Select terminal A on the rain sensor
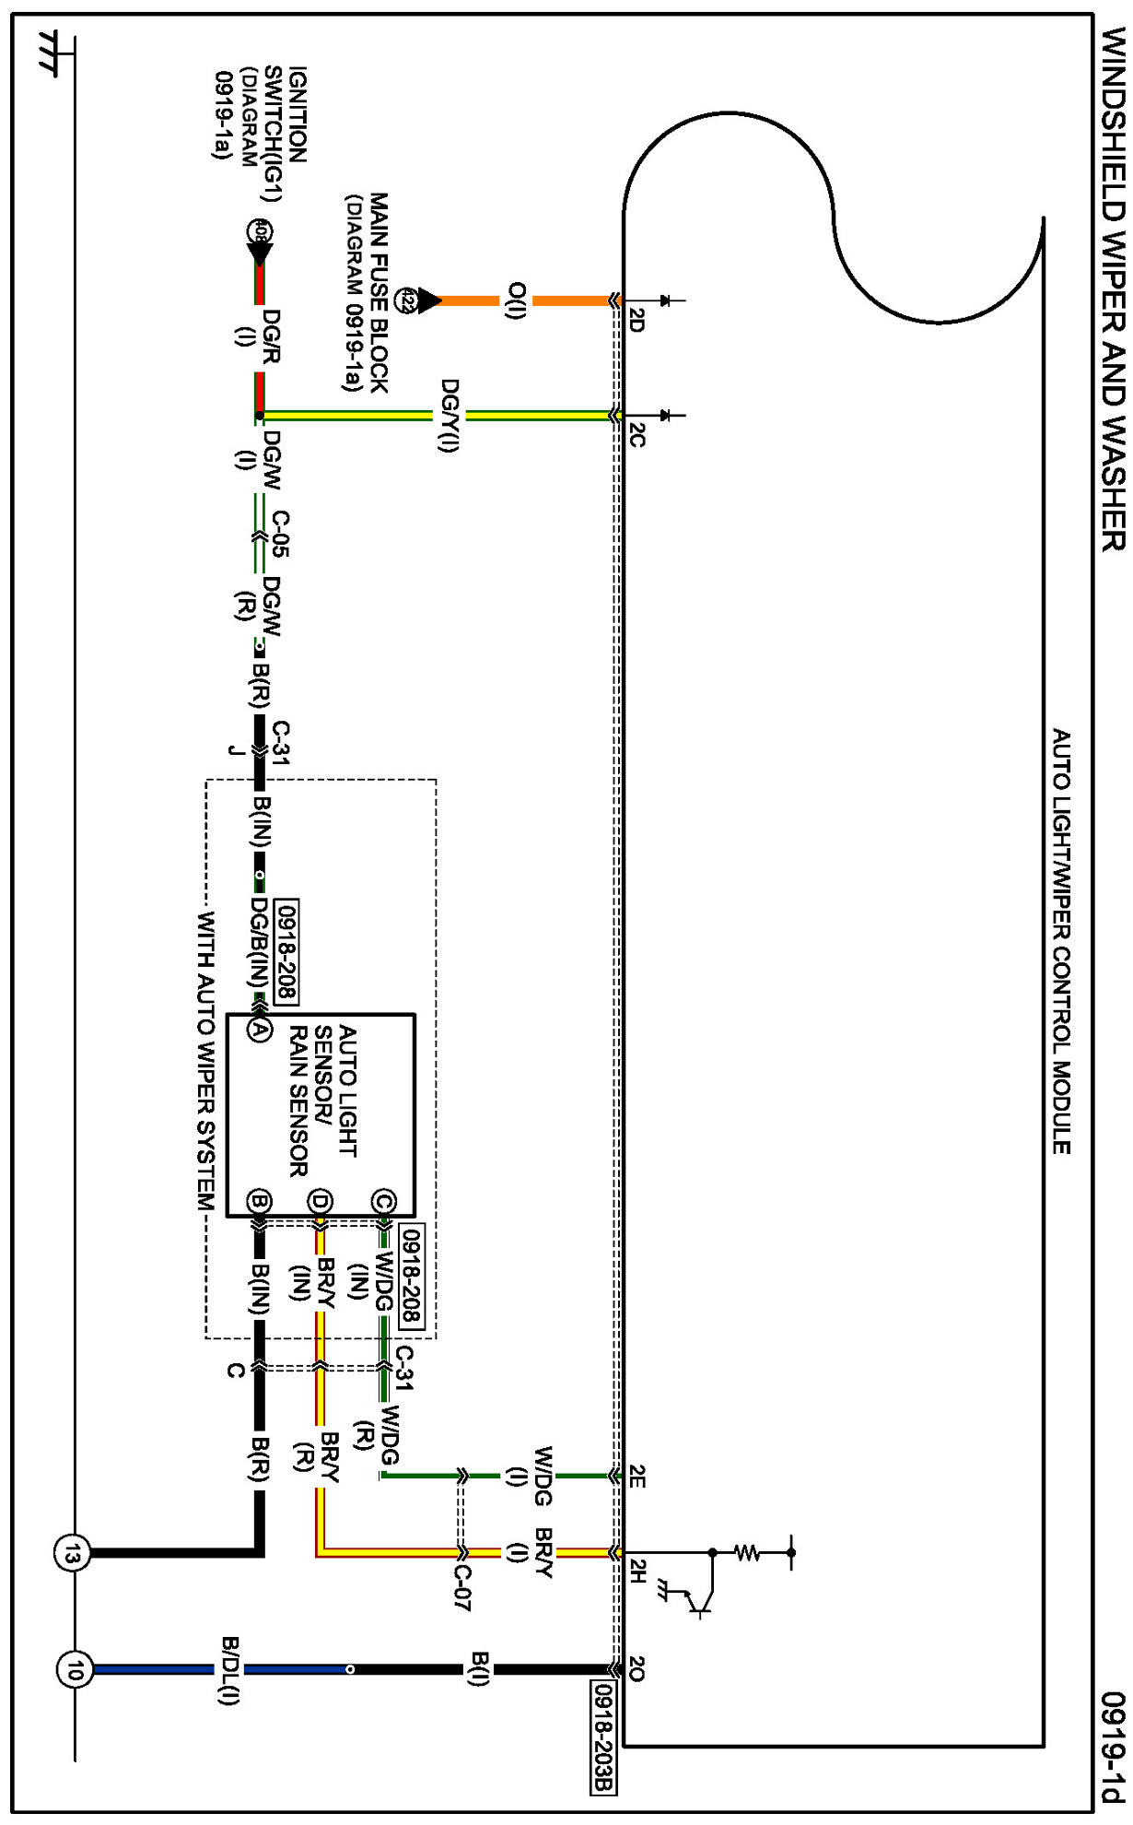[259, 1029]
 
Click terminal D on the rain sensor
[320, 1201]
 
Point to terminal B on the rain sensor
[259, 1201]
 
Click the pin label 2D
[637, 320]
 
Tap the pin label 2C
[637, 435]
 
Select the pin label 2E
[637, 1477]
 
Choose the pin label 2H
[637, 1571]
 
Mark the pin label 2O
[637, 1669]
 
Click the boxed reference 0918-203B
[602, 1738]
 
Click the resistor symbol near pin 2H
[748, 1553]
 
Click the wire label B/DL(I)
[228, 1671]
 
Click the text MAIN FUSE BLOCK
[379, 292]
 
